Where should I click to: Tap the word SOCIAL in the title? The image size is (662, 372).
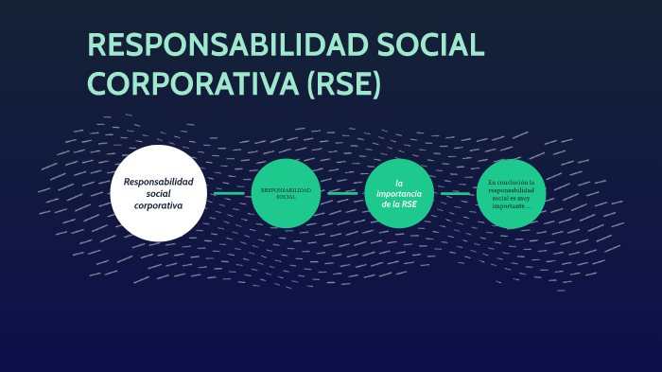(427, 46)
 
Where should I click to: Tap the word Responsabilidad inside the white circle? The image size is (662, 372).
(158, 181)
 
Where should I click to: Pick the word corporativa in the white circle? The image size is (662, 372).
(158, 205)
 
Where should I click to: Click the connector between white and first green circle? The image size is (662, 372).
(229, 193)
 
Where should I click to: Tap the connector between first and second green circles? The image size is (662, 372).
(342, 193)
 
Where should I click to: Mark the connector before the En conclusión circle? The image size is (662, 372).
(455, 193)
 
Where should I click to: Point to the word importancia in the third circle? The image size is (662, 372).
(399, 193)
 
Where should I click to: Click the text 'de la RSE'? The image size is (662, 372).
(399, 204)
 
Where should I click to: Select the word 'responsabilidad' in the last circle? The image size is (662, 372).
(511, 190)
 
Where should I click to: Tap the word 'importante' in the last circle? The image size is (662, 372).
(508, 206)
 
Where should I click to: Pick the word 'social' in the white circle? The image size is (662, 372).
(158, 193)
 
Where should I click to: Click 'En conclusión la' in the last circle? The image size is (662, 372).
(511, 182)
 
